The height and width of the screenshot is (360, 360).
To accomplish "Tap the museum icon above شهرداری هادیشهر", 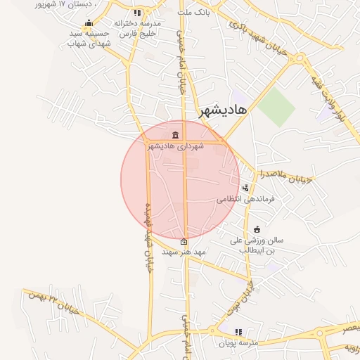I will pyautogui.click(x=174, y=135).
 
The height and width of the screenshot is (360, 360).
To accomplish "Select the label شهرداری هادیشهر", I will pyautogui.click(x=175, y=146).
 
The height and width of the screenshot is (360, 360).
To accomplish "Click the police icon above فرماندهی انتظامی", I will pyautogui.click(x=245, y=188).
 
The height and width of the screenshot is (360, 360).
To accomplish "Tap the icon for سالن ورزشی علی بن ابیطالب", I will pyautogui.click(x=257, y=229).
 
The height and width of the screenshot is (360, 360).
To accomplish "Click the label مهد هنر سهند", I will pyautogui.click(x=184, y=251).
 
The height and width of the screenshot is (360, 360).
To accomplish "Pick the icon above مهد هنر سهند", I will pyautogui.click(x=184, y=241).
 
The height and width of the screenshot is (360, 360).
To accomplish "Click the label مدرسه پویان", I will pyautogui.click(x=239, y=342).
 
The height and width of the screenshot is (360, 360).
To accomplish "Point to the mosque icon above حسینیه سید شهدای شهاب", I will pyautogui.click(x=89, y=22).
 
